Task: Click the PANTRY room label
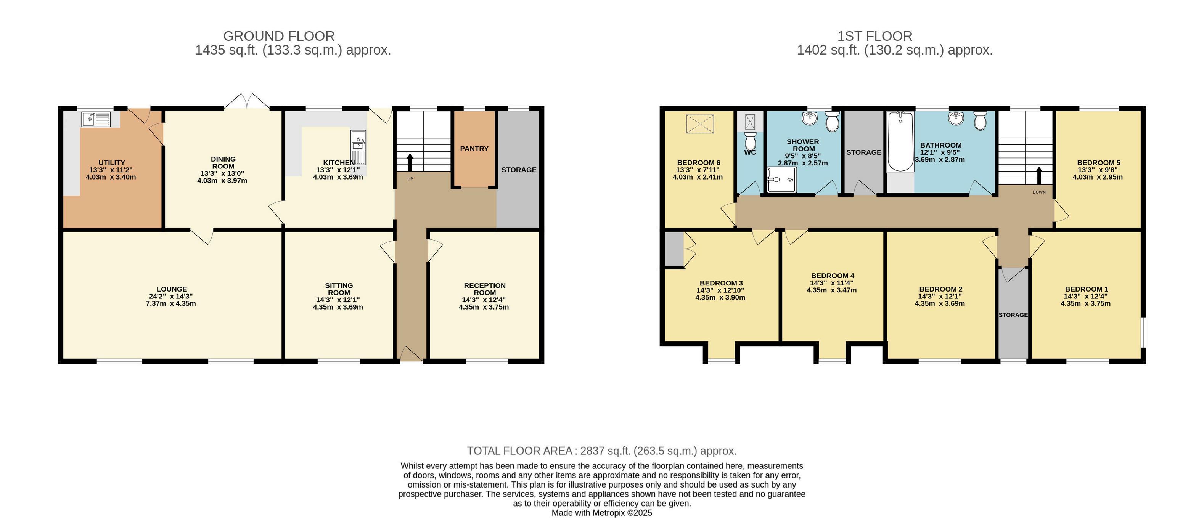(x=474, y=149)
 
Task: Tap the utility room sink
(x=96, y=120)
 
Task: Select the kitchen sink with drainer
(x=358, y=147)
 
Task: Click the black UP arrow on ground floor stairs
(x=410, y=162)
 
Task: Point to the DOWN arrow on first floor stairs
(x=1039, y=176)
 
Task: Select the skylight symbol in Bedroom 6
(x=700, y=124)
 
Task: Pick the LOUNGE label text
(x=172, y=289)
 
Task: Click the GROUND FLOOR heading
(x=279, y=36)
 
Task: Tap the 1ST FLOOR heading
(x=874, y=36)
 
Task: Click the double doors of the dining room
(x=246, y=101)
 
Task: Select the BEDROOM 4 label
(x=833, y=276)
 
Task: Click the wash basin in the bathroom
(x=956, y=119)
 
